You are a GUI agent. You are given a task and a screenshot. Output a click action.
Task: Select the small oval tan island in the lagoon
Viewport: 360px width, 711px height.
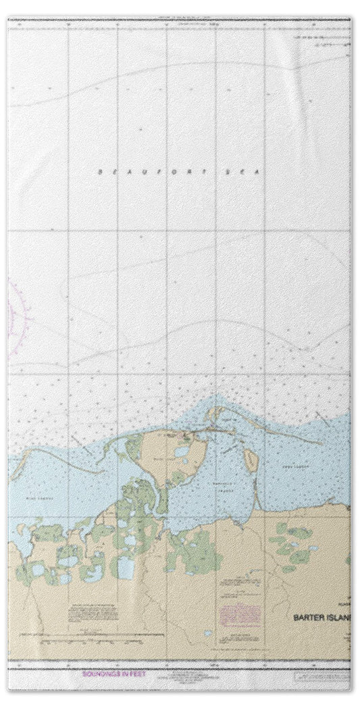(250, 462)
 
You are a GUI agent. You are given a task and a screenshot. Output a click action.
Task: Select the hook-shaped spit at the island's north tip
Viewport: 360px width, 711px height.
(214, 414)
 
